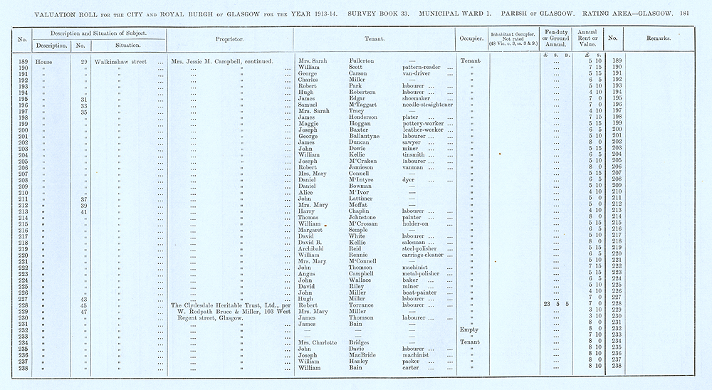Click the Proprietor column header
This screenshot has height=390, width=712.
click(230, 38)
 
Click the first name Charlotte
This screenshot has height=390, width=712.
click(324, 342)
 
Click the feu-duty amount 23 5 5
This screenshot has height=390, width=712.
click(556, 305)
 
